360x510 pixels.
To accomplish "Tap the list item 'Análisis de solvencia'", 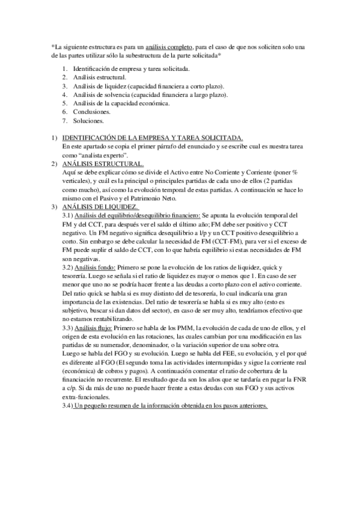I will [x=150, y=94].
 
